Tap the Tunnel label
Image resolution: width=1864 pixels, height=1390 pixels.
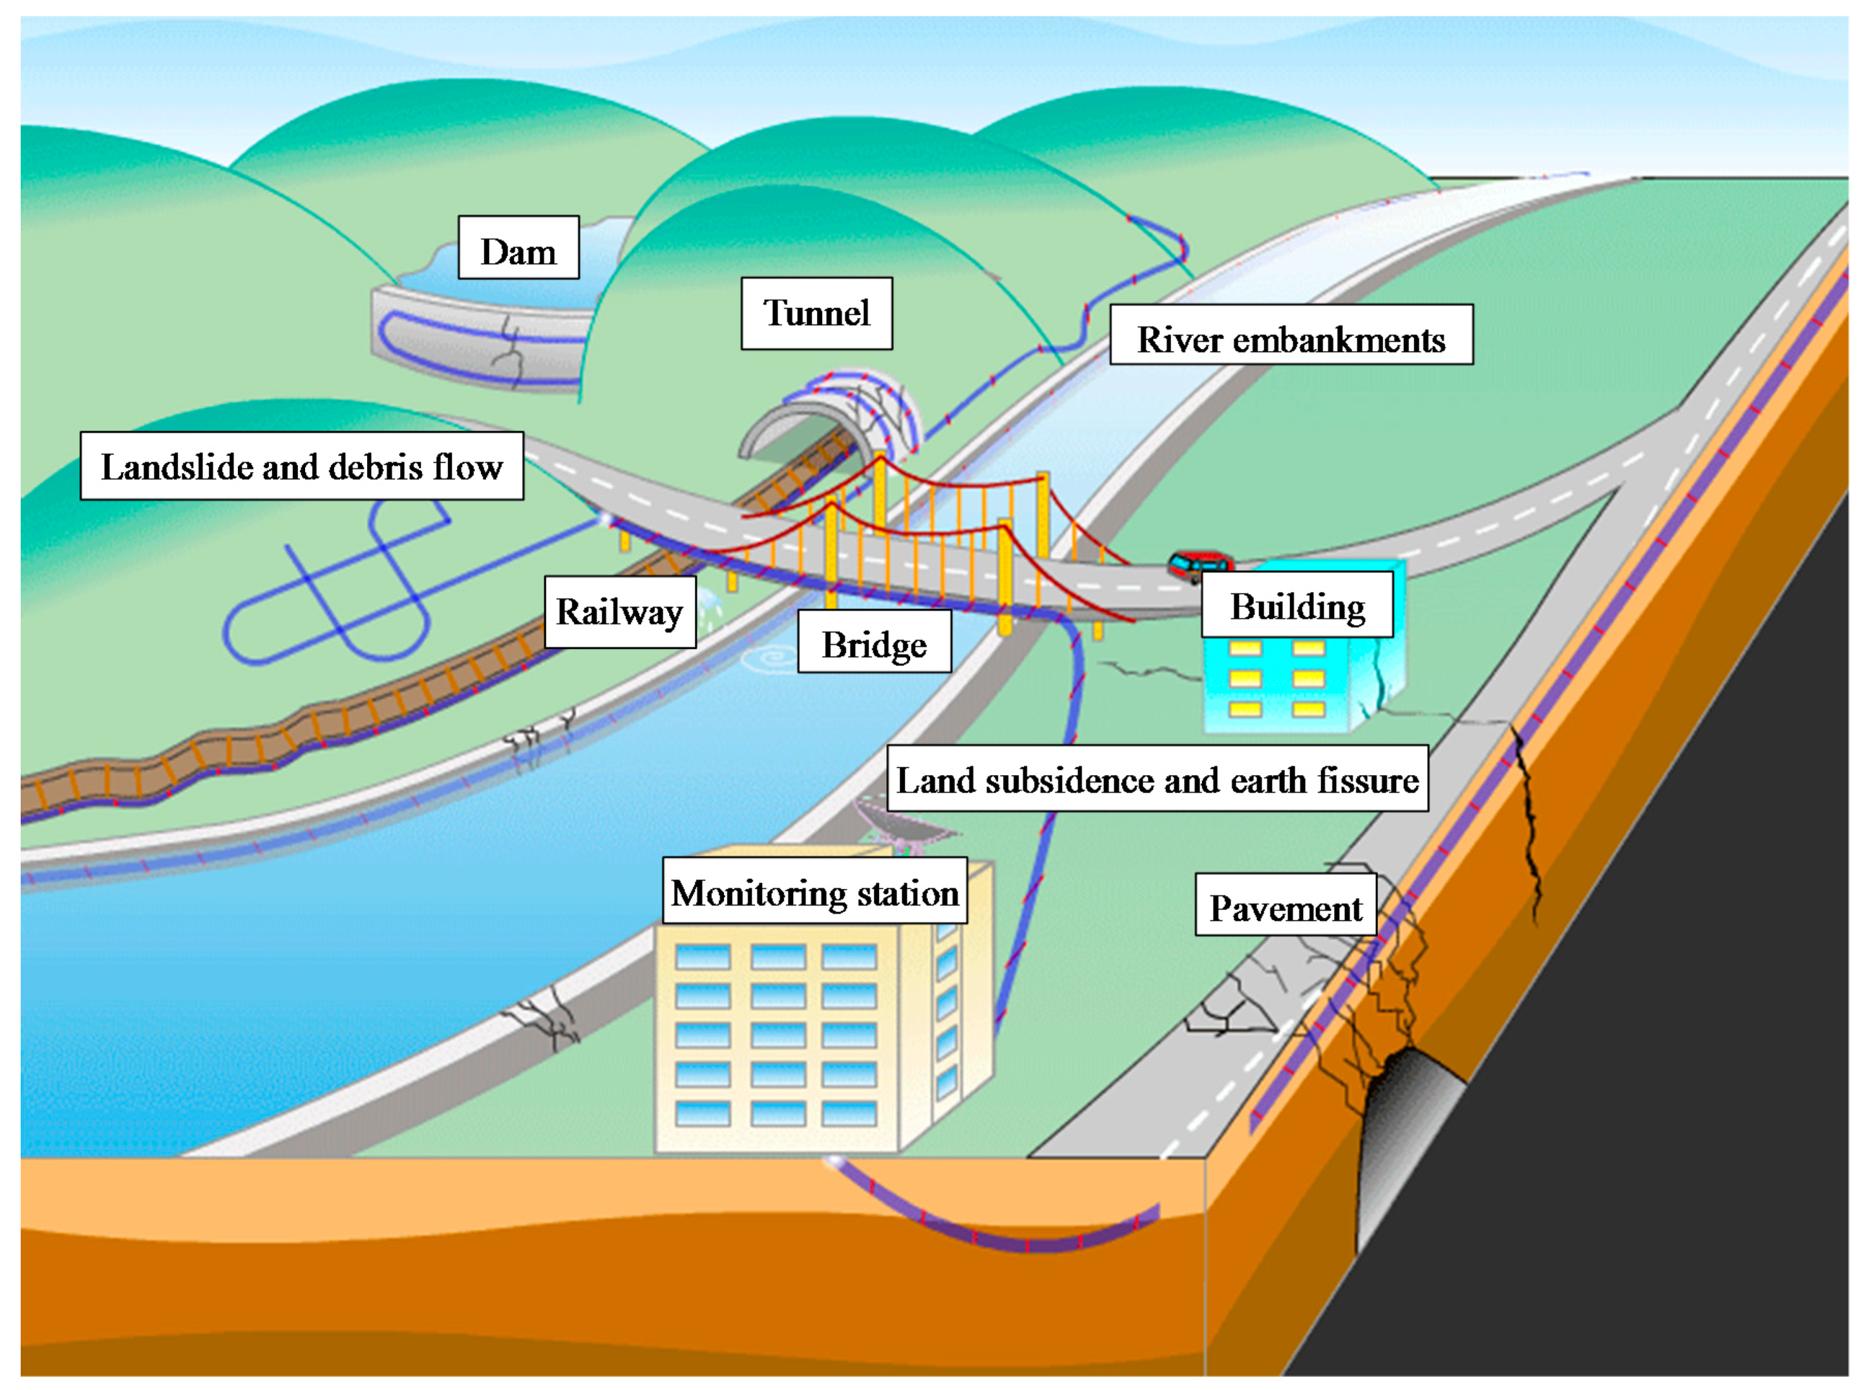(816, 313)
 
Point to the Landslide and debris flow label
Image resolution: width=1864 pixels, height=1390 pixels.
(301, 466)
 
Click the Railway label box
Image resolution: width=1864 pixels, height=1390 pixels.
(620, 612)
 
